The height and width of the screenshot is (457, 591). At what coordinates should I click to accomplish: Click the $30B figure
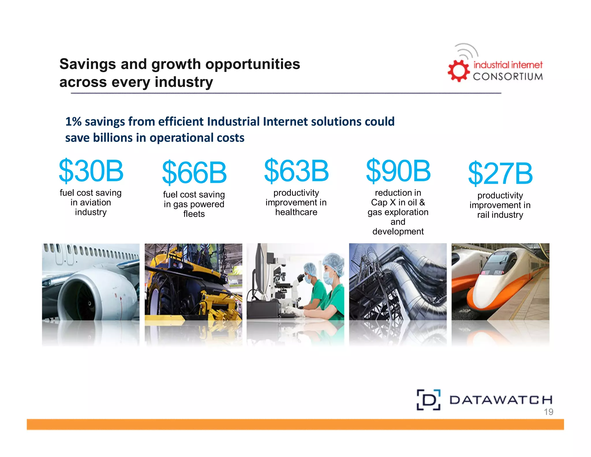click(91, 171)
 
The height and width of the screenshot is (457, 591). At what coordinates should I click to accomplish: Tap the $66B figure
click(194, 172)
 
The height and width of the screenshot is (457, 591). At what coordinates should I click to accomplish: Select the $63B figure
click(296, 171)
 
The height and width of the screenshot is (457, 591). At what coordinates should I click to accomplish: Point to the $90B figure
click(398, 171)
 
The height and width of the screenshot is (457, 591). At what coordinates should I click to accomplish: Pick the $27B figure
click(500, 173)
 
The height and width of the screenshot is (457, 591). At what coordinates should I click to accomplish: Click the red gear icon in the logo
click(458, 71)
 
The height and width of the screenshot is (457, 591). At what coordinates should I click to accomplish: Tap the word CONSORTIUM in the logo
click(508, 77)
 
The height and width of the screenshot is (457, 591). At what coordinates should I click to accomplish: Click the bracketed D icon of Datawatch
click(429, 400)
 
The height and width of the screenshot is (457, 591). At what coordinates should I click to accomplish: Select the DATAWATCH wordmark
click(501, 400)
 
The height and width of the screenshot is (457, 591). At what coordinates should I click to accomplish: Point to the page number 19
click(548, 412)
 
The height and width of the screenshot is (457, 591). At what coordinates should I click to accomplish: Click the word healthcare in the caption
click(296, 212)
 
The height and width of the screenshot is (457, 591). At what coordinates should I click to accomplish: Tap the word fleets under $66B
click(194, 214)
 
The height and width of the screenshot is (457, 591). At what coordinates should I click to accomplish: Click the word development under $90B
click(398, 231)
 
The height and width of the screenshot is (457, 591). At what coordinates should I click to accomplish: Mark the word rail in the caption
click(483, 215)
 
